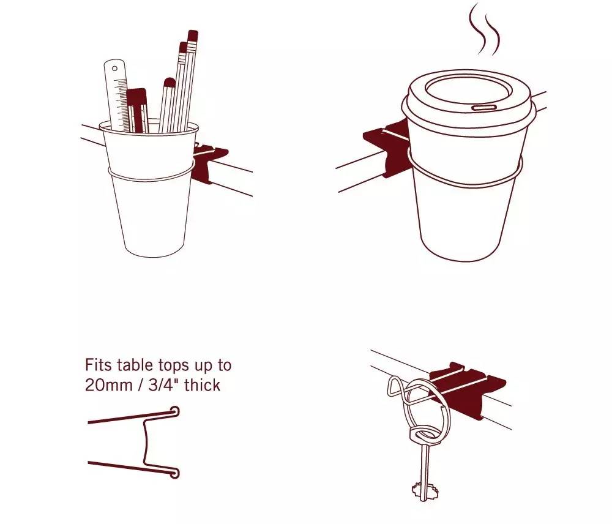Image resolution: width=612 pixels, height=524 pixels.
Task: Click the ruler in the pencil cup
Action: [117, 95]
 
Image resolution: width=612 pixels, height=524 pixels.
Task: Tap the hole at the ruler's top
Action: [115, 69]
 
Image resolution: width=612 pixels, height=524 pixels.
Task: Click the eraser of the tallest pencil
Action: [192, 36]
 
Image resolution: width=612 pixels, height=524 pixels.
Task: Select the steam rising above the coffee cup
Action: [484, 29]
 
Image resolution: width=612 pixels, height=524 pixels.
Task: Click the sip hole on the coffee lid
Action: [484, 107]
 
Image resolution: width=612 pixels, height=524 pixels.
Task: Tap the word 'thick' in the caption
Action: [203, 386]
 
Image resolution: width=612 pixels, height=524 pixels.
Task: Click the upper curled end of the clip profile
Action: [175, 411]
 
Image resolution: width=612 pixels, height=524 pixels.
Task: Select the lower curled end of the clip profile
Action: [174, 473]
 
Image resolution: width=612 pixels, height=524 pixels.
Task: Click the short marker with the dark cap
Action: [136, 110]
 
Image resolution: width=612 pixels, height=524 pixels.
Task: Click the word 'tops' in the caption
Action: [175, 366]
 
